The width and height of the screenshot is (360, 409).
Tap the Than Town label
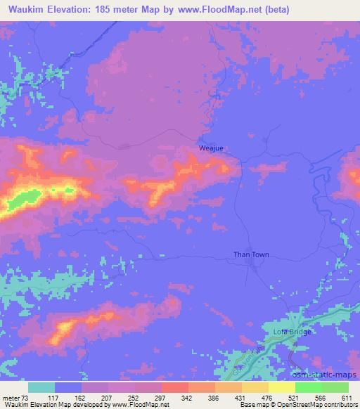click(251, 255)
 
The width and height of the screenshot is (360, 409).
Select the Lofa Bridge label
click(291, 332)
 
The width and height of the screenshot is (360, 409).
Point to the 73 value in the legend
click(27, 398)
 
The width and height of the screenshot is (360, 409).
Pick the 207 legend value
click(107, 398)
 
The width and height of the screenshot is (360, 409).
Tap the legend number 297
click(160, 398)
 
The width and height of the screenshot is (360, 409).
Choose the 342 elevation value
click(187, 398)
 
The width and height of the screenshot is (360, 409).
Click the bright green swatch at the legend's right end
click(335, 387)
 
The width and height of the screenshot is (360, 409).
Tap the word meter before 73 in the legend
click(11, 398)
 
